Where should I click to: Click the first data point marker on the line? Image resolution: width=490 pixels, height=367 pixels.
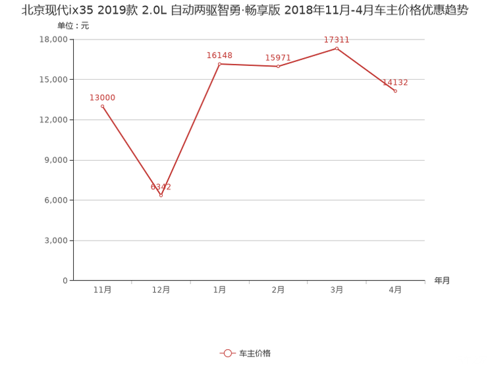pyautogui.click(x=102, y=105)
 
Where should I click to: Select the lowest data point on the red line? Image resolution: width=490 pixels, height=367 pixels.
pyautogui.click(x=161, y=196)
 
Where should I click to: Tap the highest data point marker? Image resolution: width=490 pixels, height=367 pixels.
pyautogui.click(x=337, y=47)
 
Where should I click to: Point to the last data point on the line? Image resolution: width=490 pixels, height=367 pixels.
pyautogui.click(x=395, y=91)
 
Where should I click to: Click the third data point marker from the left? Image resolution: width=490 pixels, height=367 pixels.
pyautogui.click(x=219, y=64)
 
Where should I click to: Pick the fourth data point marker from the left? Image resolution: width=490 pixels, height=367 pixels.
pyautogui.click(x=278, y=67)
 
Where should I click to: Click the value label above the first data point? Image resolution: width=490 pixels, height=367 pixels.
pyautogui.click(x=102, y=97)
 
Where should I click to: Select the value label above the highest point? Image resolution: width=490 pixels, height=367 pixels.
pyautogui.click(x=337, y=40)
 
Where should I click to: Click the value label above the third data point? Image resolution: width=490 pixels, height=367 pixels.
pyautogui.click(x=219, y=55)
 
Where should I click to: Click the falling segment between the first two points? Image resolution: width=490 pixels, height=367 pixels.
pyautogui.click(x=132, y=151)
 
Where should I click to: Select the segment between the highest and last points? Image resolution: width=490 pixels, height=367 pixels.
pyautogui.click(x=366, y=69)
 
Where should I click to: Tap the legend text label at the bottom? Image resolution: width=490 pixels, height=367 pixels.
pyautogui.click(x=254, y=353)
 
